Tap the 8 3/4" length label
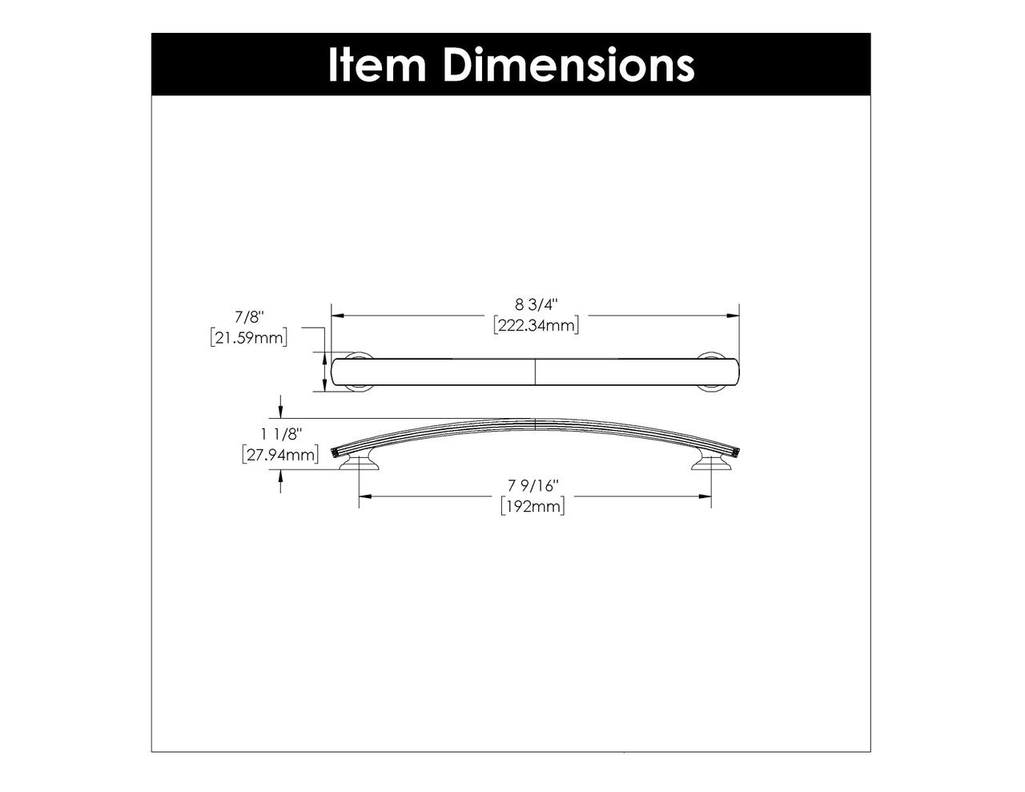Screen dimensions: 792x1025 [x=536, y=304]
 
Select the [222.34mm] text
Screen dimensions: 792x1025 [x=536, y=324]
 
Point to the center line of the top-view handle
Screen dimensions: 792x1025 [x=535, y=373]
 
